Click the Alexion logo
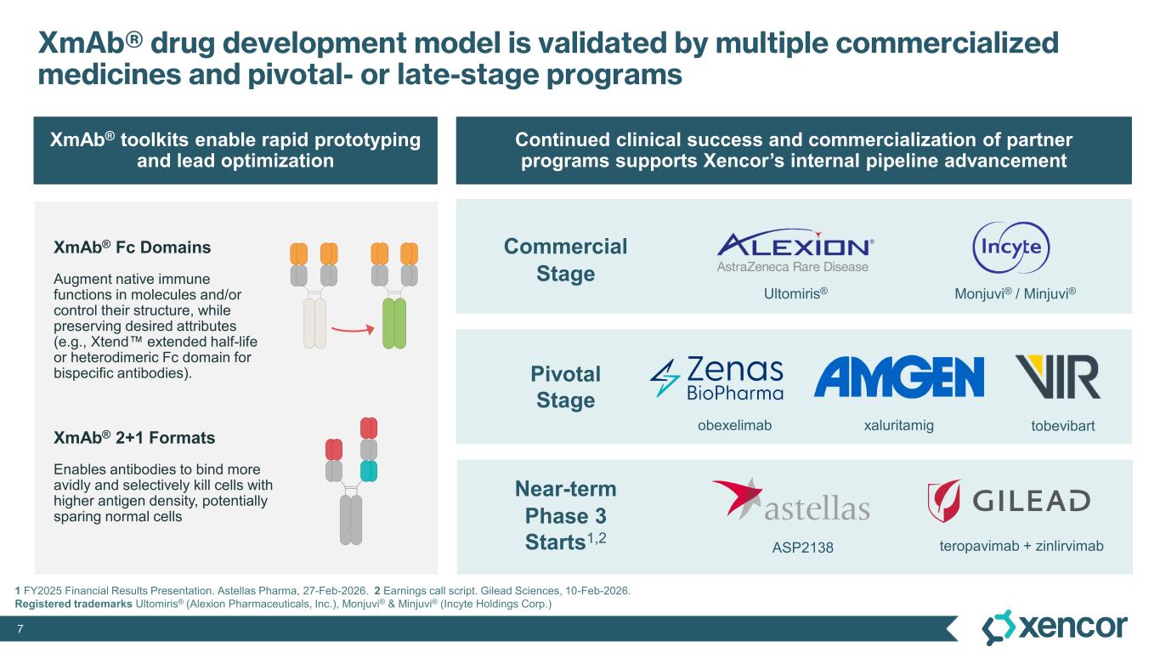click(795, 250)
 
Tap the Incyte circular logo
click(1011, 247)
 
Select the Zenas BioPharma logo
click(716, 378)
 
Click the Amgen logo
click(899, 377)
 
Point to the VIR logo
click(1058, 377)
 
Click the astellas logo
click(791, 500)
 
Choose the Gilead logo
click(1009, 501)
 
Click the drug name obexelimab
click(734, 425)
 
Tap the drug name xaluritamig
click(898, 425)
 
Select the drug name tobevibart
click(1062, 426)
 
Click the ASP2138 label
click(802, 548)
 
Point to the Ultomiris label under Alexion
click(795, 293)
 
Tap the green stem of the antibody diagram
click(394, 323)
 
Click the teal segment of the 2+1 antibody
click(369, 471)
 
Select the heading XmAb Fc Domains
click(132, 247)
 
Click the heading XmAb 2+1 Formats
click(134, 437)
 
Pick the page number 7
click(20, 629)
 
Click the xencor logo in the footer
click(1055, 627)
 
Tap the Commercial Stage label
click(565, 259)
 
